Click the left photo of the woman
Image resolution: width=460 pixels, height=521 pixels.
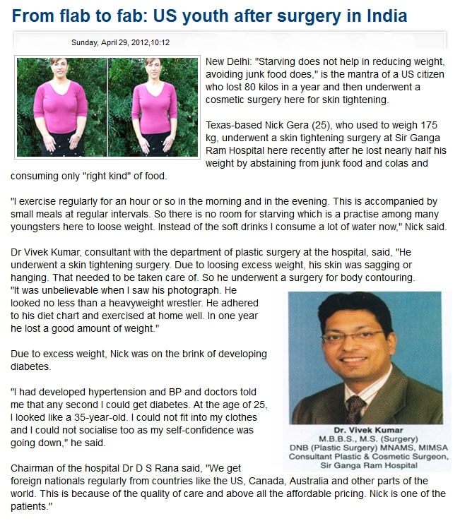pos(61,106)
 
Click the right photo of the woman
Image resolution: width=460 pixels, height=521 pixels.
pos(153,106)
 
